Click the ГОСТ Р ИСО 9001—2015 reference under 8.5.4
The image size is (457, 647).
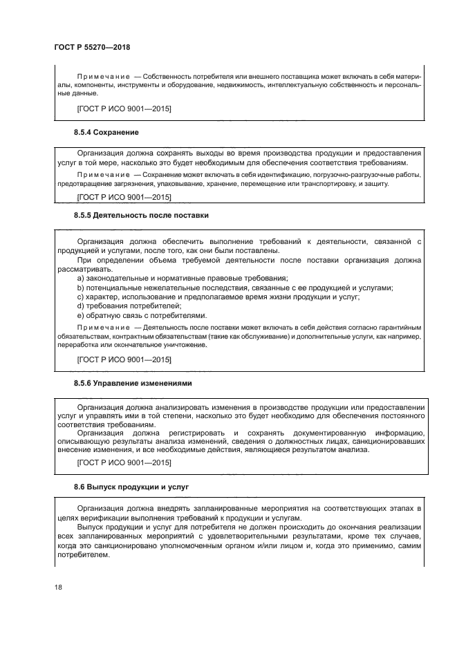[x=124, y=197]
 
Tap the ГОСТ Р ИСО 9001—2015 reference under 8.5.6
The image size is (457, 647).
[x=124, y=462]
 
